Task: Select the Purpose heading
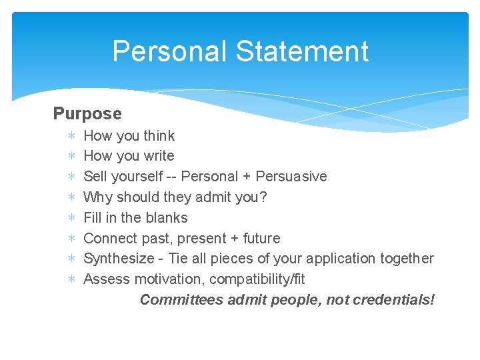[87, 114]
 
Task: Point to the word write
[159, 156]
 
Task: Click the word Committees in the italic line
[181, 300]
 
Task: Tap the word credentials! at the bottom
[394, 300]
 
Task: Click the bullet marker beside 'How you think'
[71, 136]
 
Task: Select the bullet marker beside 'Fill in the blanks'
[71, 218]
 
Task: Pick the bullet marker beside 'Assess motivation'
[71, 279]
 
